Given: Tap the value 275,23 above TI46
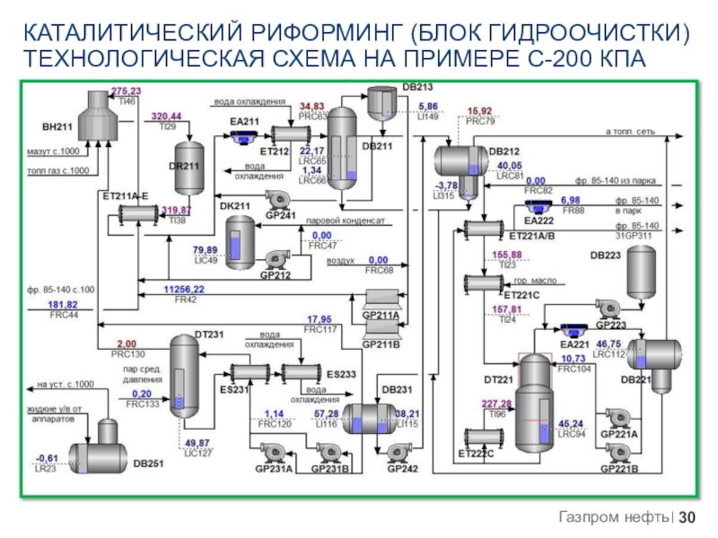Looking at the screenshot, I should (x=127, y=91).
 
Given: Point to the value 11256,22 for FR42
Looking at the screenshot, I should (x=183, y=290).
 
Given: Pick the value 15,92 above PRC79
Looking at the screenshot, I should (x=480, y=111).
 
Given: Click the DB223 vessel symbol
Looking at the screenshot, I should (x=642, y=268).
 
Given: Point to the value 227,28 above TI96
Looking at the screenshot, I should (x=496, y=403).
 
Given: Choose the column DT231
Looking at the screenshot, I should (x=184, y=373).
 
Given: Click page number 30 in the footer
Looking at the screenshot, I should (x=687, y=517).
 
